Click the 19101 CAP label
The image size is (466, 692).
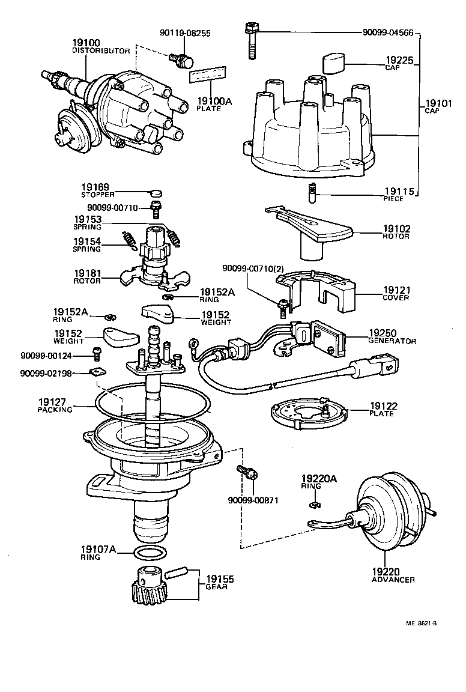438,106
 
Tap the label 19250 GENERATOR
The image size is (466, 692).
392,336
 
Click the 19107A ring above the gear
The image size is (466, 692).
148,553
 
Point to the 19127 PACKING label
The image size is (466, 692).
55,405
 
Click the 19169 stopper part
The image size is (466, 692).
155,193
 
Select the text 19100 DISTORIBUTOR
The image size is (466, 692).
100,47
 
